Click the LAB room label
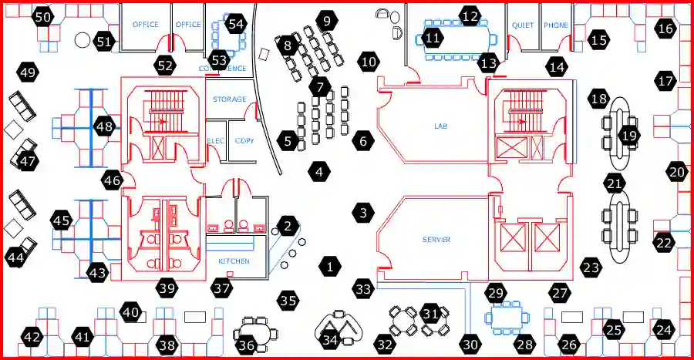441,125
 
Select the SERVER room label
436,240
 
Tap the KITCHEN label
234,261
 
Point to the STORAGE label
230,99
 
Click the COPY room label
244,141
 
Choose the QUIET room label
523,25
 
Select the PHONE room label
556,25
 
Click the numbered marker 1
329,267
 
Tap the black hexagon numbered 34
330,339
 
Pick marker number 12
470,15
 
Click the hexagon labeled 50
44,17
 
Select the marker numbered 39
167,288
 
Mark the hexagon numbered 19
630,136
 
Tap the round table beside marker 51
83,39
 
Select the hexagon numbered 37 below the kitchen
222,288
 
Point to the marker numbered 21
615,183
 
